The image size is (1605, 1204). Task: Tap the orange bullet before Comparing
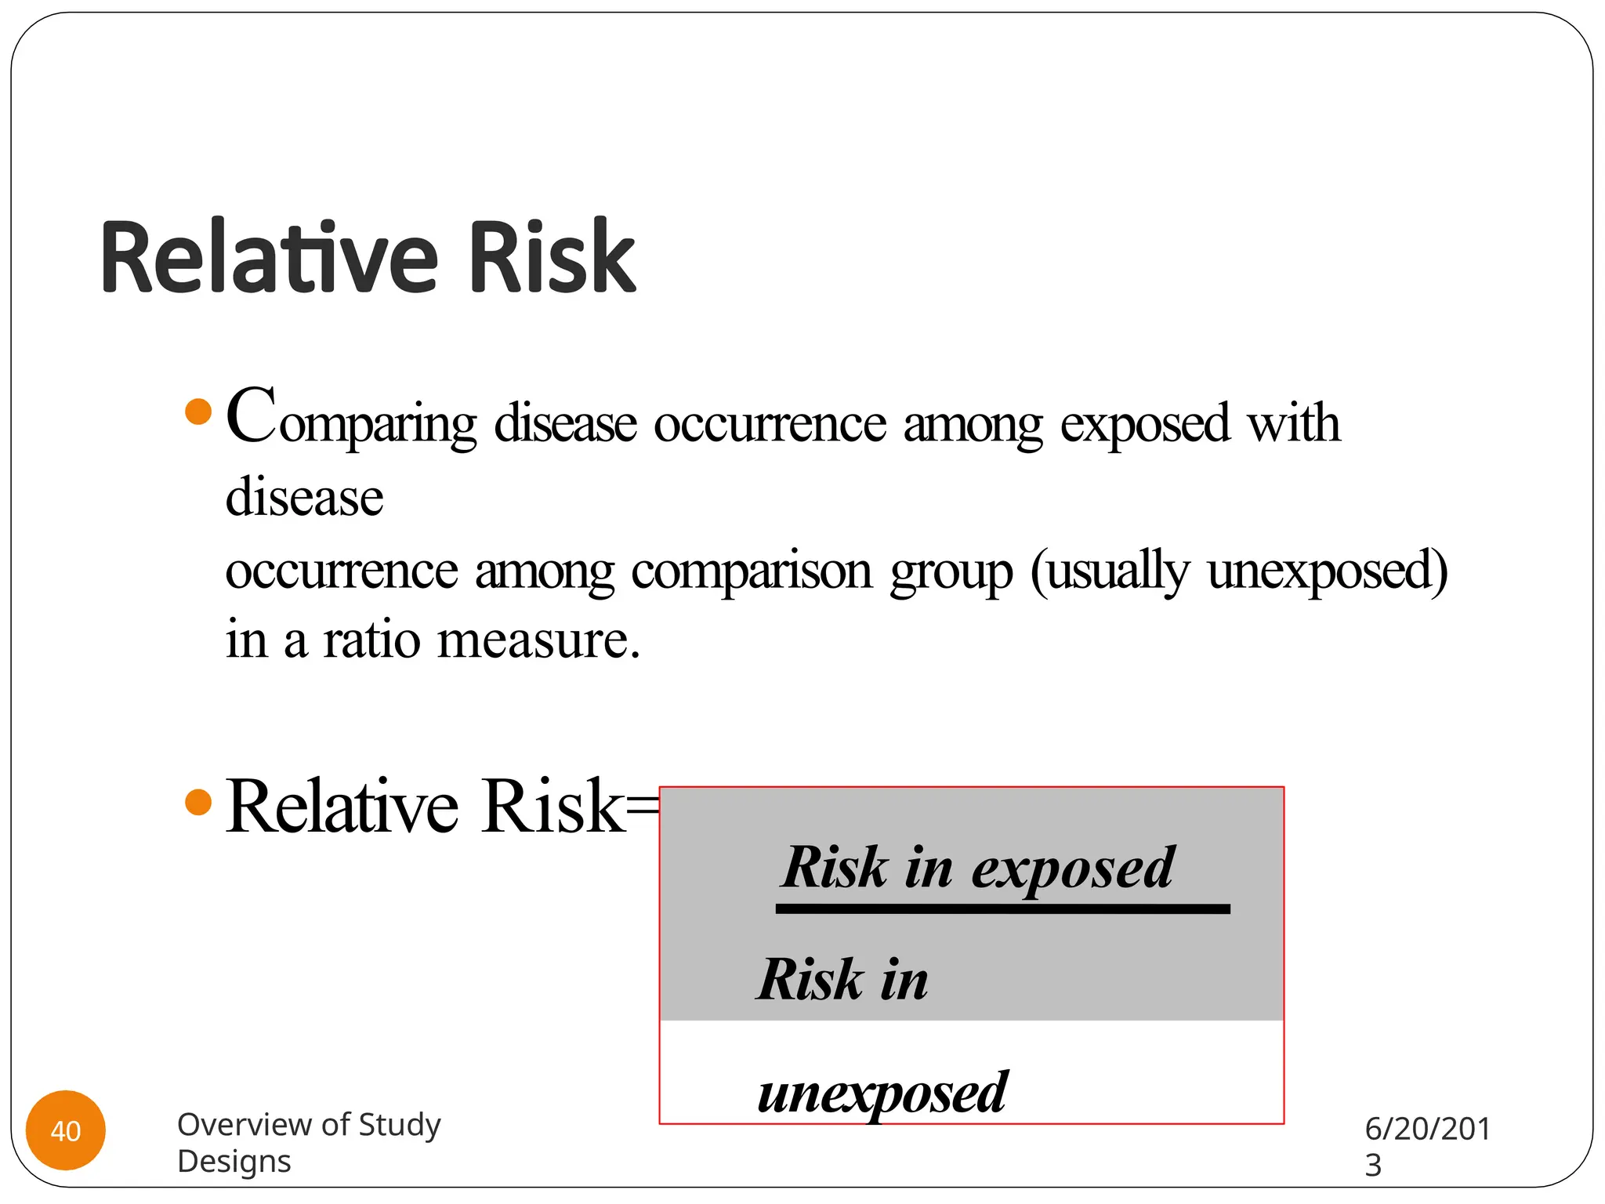pyautogui.click(x=199, y=412)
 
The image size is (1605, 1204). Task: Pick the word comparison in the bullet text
pyautogui.click(x=752, y=572)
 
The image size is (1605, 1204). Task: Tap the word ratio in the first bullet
pyautogui.click(x=372, y=640)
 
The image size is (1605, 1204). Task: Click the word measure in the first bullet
pyautogui.click(x=538, y=641)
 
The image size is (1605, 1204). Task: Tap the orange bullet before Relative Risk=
pyautogui.click(x=199, y=802)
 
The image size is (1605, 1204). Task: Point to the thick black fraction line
pyautogui.click(x=1002, y=909)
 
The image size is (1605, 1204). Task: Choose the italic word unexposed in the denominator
pyautogui.click(x=882, y=1093)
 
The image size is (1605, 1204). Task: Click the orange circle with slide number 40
pyautogui.click(x=66, y=1130)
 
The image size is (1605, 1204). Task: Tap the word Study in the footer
pyautogui.click(x=399, y=1125)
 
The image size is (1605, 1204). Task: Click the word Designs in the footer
pyautogui.click(x=234, y=1162)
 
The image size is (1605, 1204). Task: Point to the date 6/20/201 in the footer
pyautogui.click(x=1427, y=1129)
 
